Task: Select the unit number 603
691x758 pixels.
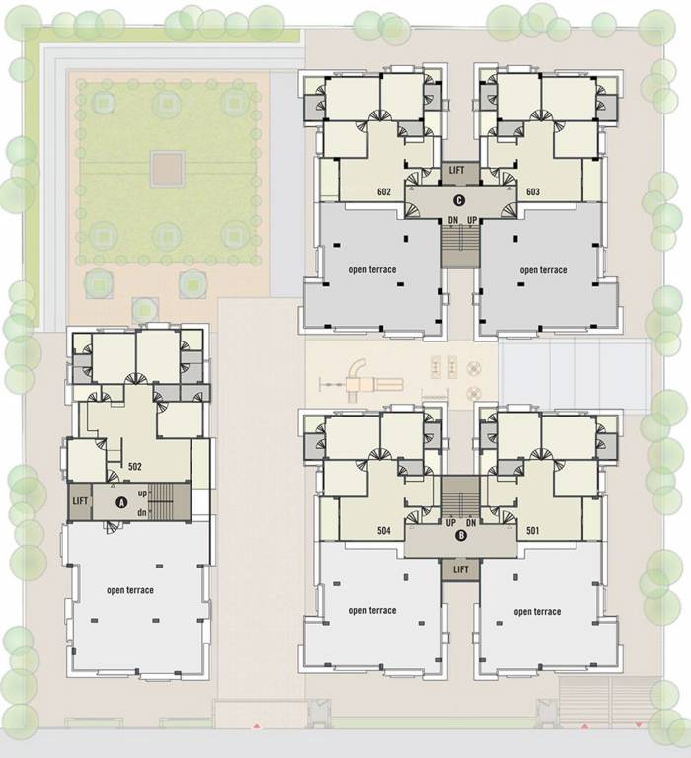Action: click(x=532, y=191)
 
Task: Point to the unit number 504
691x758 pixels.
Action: click(x=384, y=531)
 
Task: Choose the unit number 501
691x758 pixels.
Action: click(x=534, y=531)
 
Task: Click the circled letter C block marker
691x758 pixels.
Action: click(x=460, y=201)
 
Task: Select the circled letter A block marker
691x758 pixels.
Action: click(x=122, y=501)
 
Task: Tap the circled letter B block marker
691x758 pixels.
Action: click(x=460, y=537)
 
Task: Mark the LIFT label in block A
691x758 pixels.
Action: click(x=80, y=501)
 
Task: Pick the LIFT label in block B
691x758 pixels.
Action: click(x=460, y=569)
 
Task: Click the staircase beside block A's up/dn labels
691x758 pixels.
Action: click(x=171, y=499)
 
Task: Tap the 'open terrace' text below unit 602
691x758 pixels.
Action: click(x=373, y=269)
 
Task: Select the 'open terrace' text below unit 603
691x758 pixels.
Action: click(x=543, y=270)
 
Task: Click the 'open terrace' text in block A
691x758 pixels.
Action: click(x=130, y=590)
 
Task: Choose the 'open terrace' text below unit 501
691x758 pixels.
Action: click(x=537, y=612)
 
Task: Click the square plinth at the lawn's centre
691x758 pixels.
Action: click(x=167, y=167)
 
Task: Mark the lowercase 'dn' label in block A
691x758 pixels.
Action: click(x=143, y=511)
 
